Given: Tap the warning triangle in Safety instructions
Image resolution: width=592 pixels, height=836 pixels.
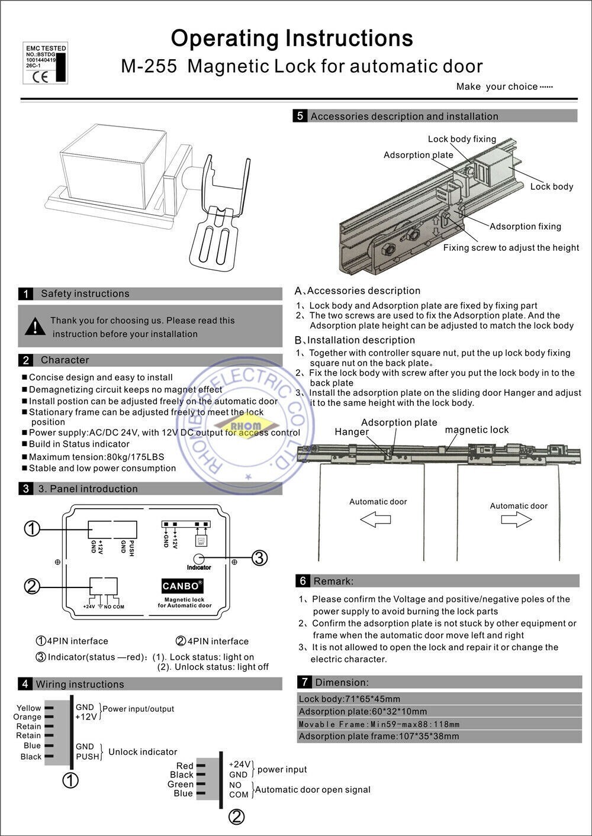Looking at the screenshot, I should (36, 326).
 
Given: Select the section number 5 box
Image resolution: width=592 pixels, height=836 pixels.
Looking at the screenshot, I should (300, 116).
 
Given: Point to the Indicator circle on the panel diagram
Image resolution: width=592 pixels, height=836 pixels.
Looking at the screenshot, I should (200, 557).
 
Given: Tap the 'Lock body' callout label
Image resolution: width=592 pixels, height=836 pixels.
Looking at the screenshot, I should (551, 186).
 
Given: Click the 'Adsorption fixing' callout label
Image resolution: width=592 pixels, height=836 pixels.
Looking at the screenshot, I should (525, 226).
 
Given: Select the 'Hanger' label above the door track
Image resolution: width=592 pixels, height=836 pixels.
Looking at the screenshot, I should (352, 432).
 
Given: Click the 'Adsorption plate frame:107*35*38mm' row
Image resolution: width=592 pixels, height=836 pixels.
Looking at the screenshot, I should (378, 736).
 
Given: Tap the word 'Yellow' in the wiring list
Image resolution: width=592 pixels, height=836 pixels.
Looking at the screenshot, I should (29, 708).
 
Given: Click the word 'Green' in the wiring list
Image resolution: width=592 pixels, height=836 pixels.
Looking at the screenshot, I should (181, 784).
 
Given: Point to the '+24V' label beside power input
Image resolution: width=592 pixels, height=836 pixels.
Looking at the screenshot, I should (239, 764).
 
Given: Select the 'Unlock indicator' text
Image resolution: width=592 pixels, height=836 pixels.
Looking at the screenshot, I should (143, 751).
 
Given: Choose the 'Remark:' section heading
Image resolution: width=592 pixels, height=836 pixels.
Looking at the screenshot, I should (333, 581).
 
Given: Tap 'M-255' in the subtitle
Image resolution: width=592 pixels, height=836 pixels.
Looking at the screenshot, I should (149, 66).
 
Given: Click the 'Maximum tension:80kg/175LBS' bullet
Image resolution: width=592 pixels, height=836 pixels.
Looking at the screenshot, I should (96, 456).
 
